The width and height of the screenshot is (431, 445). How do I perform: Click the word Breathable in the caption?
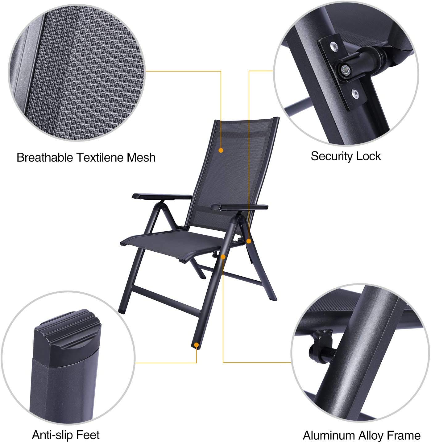[45, 157]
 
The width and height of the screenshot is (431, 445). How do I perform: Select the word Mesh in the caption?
[141, 157]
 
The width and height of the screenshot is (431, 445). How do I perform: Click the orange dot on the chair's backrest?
[221, 150]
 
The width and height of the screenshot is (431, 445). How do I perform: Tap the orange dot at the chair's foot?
[196, 345]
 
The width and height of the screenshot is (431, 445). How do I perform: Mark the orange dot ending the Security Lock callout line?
[249, 241]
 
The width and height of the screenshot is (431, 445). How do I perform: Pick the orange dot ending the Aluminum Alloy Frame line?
[223, 257]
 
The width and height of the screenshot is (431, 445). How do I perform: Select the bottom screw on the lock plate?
[355, 93]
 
